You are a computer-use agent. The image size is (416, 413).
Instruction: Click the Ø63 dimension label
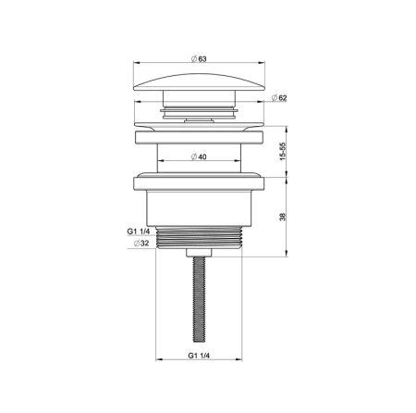pyautogui.click(x=199, y=58)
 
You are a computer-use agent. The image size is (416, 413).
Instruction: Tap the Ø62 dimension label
pyautogui.click(x=279, y=98)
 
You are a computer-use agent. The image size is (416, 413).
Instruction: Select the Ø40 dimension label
pyautogui.click(x=199, y=156)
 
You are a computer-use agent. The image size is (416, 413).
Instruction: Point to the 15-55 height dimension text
pyautogui.click(x=283, y=151)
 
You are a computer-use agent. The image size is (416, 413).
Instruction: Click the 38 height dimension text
pyautogui.click(x=283, y=217)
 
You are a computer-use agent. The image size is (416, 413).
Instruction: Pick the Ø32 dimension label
pyautogui.click(x=141, y=244)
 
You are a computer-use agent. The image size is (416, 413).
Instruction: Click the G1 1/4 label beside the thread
pyautogui.click(x=139, y=232)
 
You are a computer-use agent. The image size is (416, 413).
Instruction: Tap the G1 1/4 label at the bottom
pyautogui.click(x=199, y=356)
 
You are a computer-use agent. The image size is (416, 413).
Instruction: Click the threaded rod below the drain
pyautogui.click(x=199, y=299)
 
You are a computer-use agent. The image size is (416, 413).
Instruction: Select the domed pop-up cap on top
pyautogui.click(x=199, y=82)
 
